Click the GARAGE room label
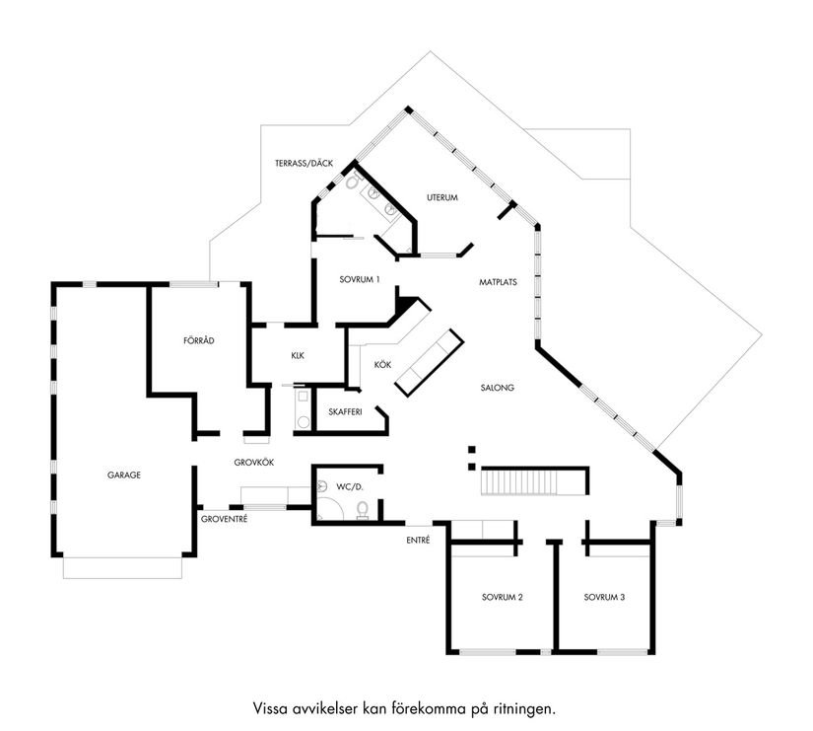[x=124, y=475]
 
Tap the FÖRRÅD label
[x=199, y=340]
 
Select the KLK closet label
[x=298, y=356]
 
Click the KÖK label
[x=382, y=365]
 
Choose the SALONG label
[x=498, y=388]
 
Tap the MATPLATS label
[x=499, y=281]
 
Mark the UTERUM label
[x=442, y=197]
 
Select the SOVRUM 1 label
[x=360, y=279]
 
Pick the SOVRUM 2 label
[x=502, y=597]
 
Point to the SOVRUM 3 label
[x=604, y=597]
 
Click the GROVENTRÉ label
[x=224, y=518]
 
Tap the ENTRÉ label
[x=418, y=540]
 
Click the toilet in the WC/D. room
[x=363, y=509]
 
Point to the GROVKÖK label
[x=253, y=462]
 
